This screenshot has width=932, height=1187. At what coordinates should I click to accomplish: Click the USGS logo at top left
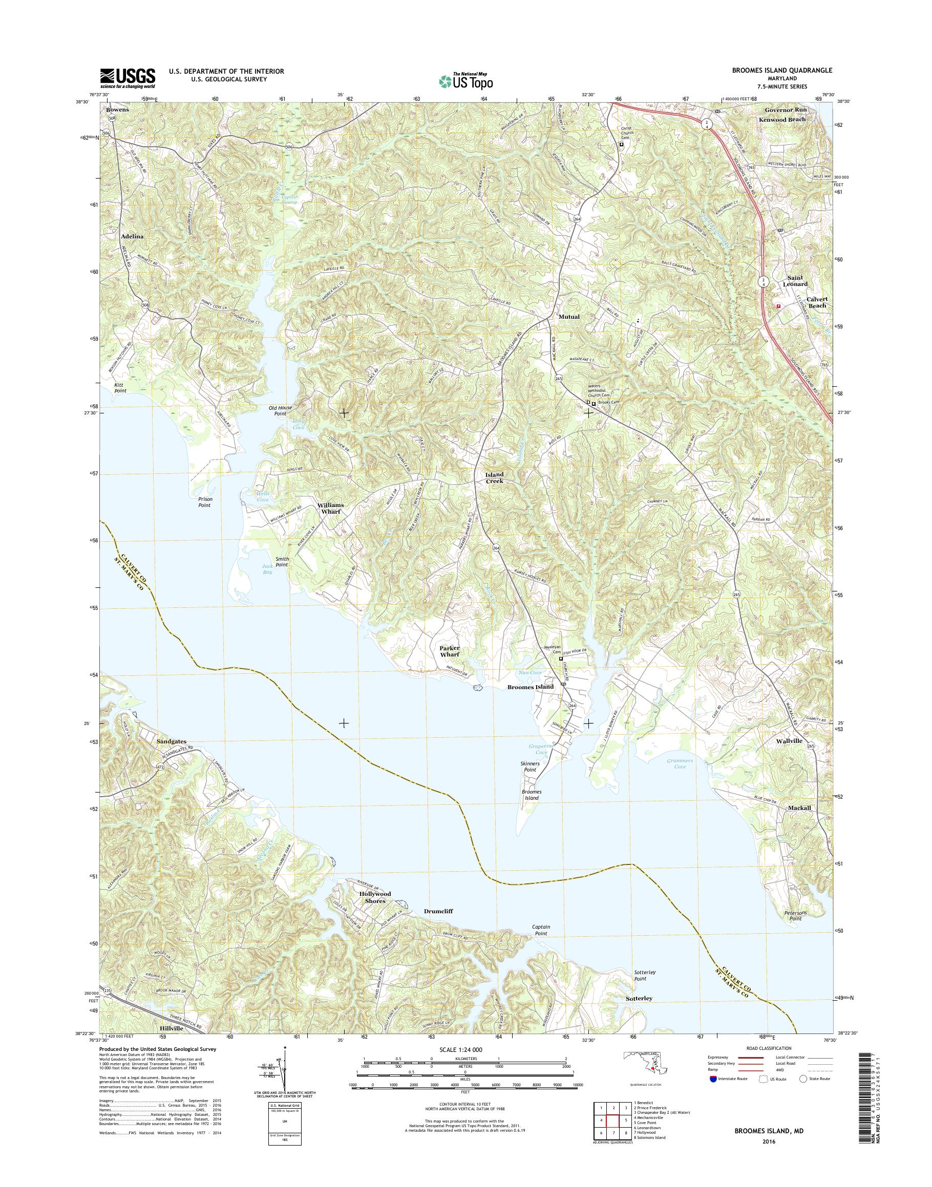pyautogui.click(x=127, y=78)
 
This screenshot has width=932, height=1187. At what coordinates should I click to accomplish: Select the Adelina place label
pyautogui.click(x=133, y=237)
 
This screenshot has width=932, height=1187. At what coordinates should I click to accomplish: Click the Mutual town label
pyautogui.click(x=568, y=316)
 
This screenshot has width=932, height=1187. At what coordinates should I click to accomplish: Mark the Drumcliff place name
pyautogui.click(x=439, y=911)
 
